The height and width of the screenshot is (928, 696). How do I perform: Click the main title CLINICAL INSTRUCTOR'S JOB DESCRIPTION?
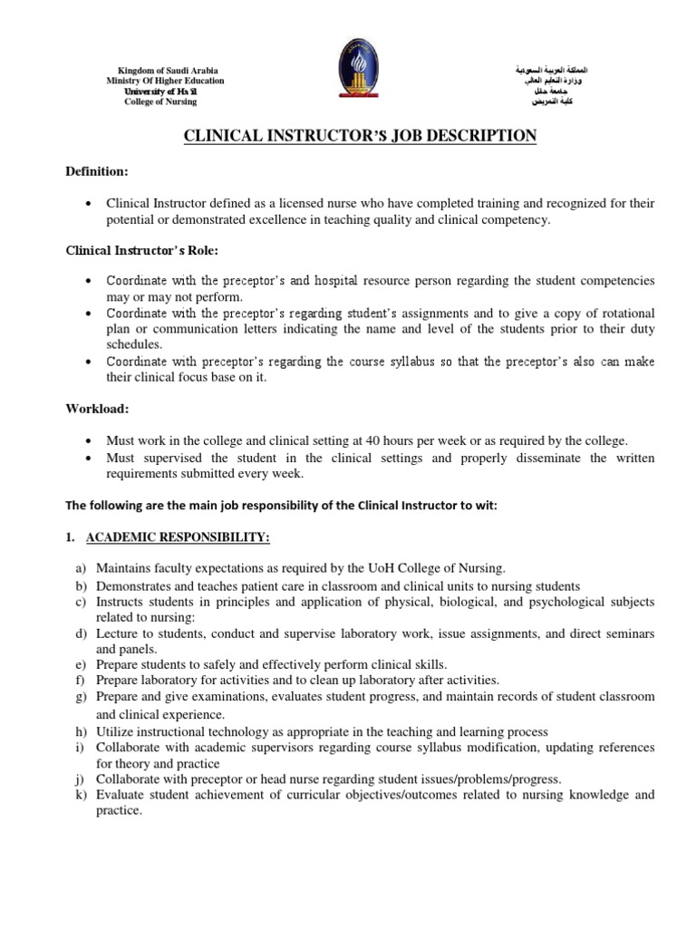tap(361, 136)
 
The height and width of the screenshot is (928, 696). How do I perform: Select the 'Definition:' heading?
tap(98, 172)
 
